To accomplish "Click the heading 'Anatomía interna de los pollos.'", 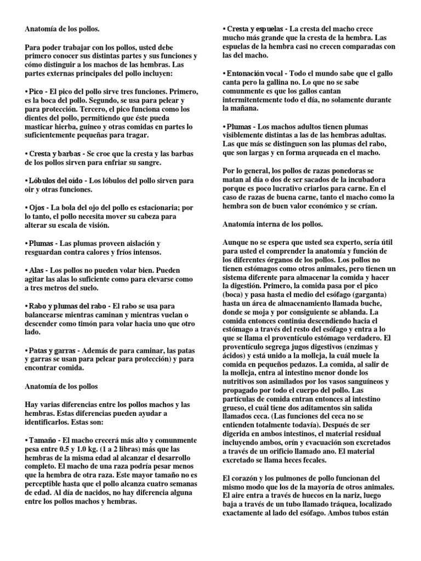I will point(273,224).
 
